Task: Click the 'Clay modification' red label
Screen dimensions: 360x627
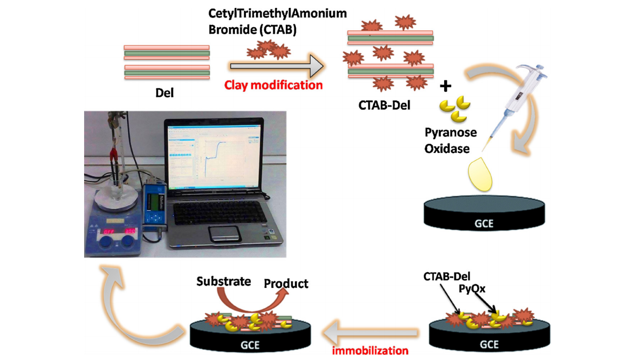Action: (x=273, y=84)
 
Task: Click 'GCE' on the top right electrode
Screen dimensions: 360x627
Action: (x=485, y=222)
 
